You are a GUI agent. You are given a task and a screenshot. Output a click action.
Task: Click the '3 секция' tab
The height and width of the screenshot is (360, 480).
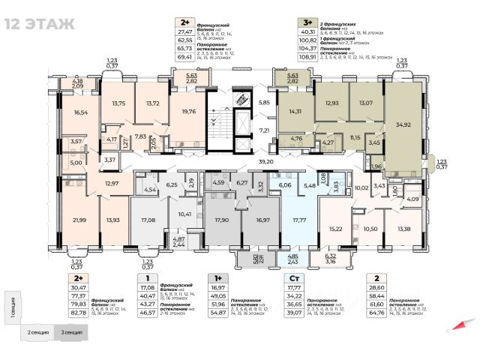(73, 331)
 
